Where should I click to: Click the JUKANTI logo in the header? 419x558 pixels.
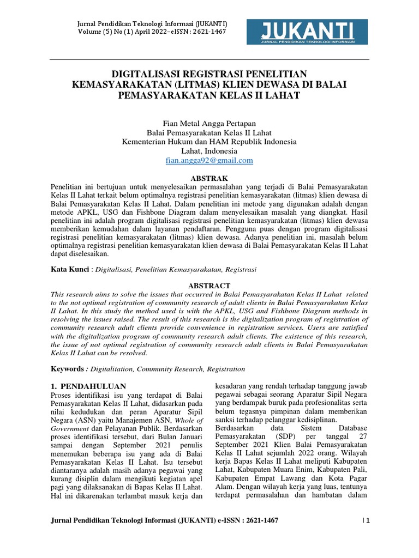coord(308,32)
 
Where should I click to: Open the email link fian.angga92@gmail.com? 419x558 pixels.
coord(209,161)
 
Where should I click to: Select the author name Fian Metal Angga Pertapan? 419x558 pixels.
coord(209,124)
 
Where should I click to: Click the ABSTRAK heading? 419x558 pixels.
coord(209,178)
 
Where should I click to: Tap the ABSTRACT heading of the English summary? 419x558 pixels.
coord(209,286)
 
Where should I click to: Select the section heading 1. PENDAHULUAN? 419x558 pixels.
coord(88,386)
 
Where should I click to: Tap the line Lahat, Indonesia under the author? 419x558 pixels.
coord(209,151)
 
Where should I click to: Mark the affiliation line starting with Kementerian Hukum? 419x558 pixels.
coord(209,142)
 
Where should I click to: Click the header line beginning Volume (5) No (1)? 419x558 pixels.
coord(152,32)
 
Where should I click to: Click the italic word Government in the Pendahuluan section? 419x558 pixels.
coord(70,429)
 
